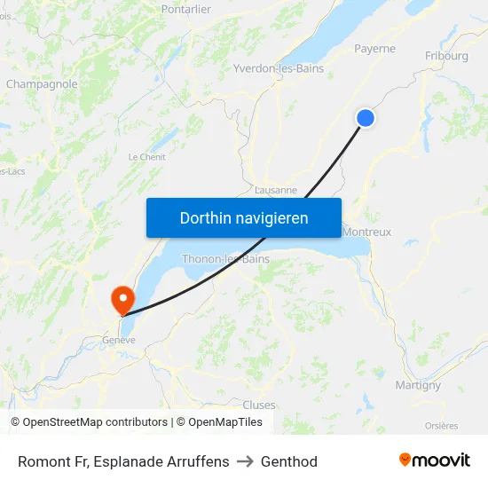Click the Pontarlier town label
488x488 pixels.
tap(186, 9)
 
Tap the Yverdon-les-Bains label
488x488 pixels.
tap(278, 68)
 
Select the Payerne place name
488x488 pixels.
tap(374, 49)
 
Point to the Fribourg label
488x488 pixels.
tap(446, 56)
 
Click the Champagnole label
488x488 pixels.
tap(42, 84)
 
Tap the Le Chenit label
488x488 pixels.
tap(146, 157)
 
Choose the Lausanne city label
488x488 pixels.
tap(275, 190)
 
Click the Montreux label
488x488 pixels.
tap(366, 232)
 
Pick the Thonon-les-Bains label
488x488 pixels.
tap(225, 259)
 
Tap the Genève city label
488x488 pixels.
tap(119, 340)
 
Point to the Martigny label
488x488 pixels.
tap(417, 385)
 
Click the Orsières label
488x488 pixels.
tap(441, 426)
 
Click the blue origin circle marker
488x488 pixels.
tap(365, 118)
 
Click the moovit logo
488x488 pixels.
tap(434, 460)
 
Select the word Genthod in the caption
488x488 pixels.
tap(289, 461)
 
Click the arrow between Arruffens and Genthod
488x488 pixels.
tap(245, 461)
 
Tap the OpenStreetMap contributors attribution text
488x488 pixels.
tap(95, 422)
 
